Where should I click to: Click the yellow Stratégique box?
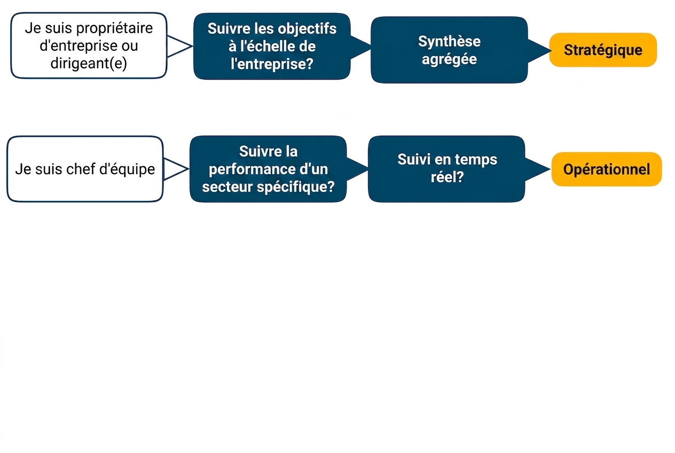(603, 50)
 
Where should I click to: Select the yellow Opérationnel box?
(607, 169)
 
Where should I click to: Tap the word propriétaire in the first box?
(114, 29)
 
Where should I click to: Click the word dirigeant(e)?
(89, 63)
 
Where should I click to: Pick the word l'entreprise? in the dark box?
(272, 64)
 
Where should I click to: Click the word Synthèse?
(449, 41)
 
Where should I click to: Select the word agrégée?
(449, 59)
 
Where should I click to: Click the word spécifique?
(296, 187)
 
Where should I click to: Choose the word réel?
(447, 177)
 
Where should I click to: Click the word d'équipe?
(127, 169)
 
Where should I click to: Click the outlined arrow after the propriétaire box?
(179, 46)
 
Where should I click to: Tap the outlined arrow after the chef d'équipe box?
(176, 169)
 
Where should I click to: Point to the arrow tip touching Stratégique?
(552, 51)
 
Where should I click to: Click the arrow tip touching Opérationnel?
(551, 169)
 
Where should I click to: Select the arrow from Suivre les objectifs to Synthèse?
(360, 48)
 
